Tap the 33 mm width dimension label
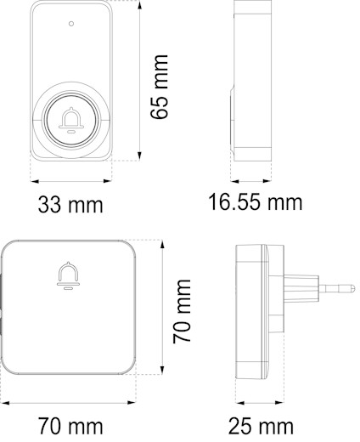click(70, 205)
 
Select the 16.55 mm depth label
click(256, 202)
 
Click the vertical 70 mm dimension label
click(182, 308)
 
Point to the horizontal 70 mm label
click(70, 422)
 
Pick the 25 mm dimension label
click(261, 424)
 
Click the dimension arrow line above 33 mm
click(71, 179)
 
